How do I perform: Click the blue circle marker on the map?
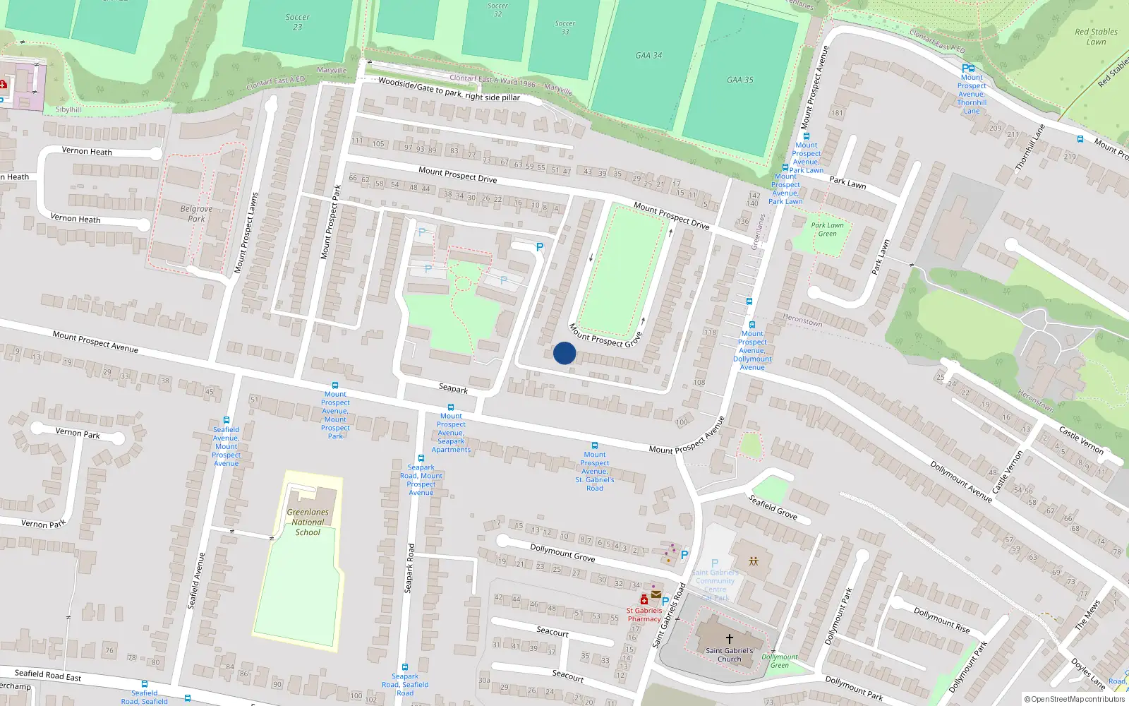[564, 353]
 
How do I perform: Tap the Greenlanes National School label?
[308, 522]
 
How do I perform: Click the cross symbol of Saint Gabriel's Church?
[730, 638]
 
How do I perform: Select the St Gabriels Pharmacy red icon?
[644, 600]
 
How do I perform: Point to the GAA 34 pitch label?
[648, 55]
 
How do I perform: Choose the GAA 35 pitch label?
[740, 80]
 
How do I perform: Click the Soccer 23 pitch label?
[297, 22]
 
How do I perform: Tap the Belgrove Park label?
[196, 214]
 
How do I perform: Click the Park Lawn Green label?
[827, 229]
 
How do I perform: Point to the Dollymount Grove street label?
[562, 553]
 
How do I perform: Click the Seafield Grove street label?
[773, 507]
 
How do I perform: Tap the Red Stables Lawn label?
[1096, 37]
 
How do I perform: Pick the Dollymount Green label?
[780, 661]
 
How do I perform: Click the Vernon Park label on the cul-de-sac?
[78, 433]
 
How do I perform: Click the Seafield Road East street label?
[48, 675]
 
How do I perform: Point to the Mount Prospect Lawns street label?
[246, 233]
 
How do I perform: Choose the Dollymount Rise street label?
[941, 620]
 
